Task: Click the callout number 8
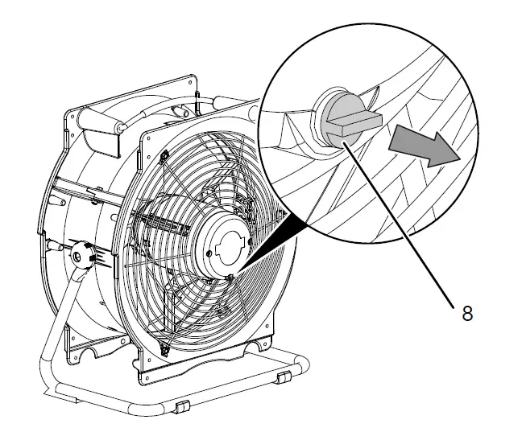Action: click(x=467, y=313)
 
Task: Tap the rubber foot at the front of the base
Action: click(x=181, y=406)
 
